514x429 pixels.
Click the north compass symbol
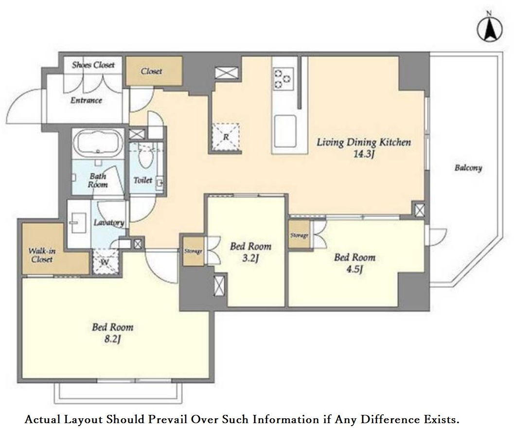[489, 29]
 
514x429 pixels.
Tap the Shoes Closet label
[93, 65]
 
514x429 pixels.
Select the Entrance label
[86, 100]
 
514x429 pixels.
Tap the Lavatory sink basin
[78, 222]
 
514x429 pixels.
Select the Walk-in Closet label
[42, 255]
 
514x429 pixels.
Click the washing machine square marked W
[105, 262]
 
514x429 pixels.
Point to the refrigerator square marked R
[226, 137]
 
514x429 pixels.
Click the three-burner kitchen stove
[283, 79]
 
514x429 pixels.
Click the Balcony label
[468, 168]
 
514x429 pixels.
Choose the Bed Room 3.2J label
[251, 252]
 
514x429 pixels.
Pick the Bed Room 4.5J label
[354, 263]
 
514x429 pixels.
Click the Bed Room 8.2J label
[112, 333]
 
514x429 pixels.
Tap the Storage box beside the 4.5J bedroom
[299, 234]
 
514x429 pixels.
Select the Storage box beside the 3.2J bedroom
[193, 251]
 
